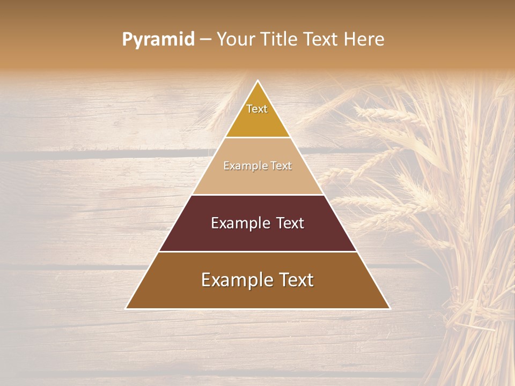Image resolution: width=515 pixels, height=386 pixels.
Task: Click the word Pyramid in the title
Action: point(158,40)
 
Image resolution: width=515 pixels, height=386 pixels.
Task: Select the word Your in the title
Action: point(236,39)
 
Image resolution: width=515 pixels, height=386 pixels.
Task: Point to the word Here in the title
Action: point(365,39)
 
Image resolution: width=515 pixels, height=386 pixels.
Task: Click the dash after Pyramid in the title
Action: point(205,40)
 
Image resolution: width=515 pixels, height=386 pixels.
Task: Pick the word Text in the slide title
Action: point(321,39)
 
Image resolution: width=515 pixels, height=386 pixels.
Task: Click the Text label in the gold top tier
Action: point(257,109)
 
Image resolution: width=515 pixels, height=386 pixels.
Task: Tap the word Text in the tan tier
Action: point(282,166)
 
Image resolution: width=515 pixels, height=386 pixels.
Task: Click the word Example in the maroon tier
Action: point(239,223)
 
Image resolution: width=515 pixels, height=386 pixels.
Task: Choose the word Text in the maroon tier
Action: point(290,223)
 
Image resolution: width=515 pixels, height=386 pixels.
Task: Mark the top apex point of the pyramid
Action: point(258,81)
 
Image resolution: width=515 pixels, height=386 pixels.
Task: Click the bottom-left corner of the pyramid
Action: point(126,308)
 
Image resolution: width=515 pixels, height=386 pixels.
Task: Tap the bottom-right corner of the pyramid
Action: point(389,308)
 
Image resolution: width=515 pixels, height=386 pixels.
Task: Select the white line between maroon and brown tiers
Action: point(257,251)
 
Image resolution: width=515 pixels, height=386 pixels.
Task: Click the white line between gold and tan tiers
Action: point(257,137)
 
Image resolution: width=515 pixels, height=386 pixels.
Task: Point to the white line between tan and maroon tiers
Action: point(257,195)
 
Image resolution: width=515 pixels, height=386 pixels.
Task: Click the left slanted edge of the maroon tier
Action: point(175,223)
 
